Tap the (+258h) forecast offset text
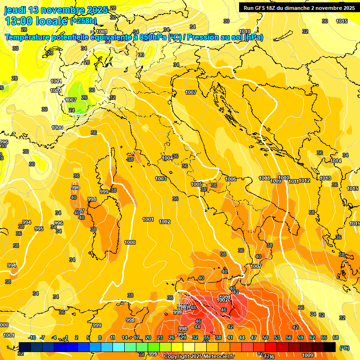83,21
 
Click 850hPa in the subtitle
153,37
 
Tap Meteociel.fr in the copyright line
217,357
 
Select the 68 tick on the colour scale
336,337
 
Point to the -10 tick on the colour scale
32,337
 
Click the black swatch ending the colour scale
330,347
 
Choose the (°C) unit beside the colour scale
345,348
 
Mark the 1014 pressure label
335,161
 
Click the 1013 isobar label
325,178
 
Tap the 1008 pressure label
264,178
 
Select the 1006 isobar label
231,179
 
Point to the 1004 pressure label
167,158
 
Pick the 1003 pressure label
161,179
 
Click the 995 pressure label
39,229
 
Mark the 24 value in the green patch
71,110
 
